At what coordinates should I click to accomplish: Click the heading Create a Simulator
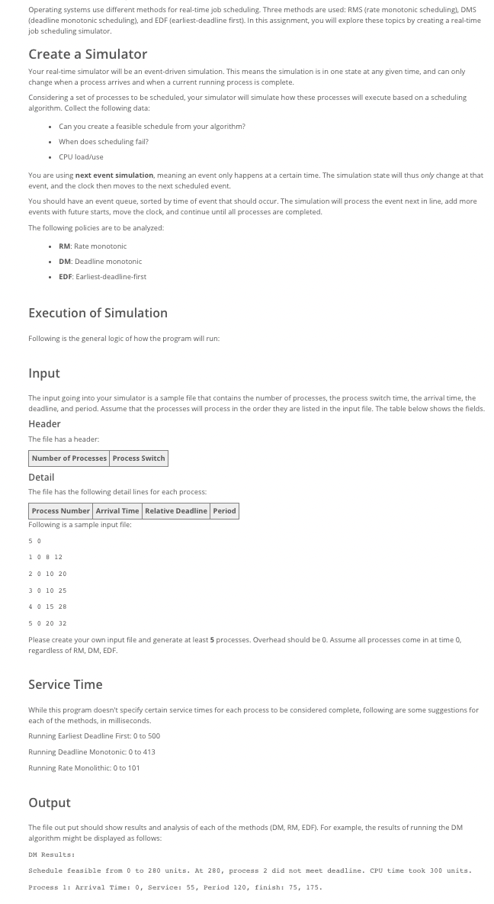[88, 54]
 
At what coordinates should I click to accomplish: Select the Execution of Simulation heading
[98, 313]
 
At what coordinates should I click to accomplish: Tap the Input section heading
[43, 373]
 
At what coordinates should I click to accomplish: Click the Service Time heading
[65, 684]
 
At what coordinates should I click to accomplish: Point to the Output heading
[49, 803]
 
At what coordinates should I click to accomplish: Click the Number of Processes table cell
[69, 458]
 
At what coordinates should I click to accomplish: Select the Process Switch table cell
[139, 458]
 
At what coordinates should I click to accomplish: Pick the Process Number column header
[61, 511]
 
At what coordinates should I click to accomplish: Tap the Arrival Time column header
[117, 511]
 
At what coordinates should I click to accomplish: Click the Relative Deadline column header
[176, 511]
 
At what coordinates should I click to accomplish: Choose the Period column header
[224, 511]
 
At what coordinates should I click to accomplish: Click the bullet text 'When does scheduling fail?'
[104, 142]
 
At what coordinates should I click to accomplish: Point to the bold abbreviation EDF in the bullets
[65, 277]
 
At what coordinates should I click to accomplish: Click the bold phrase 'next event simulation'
[114, 175]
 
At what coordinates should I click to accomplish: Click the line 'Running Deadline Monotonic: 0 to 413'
[91, 752]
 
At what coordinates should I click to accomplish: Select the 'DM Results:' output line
[51, 854]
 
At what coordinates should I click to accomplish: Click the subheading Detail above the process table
[41, 478]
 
